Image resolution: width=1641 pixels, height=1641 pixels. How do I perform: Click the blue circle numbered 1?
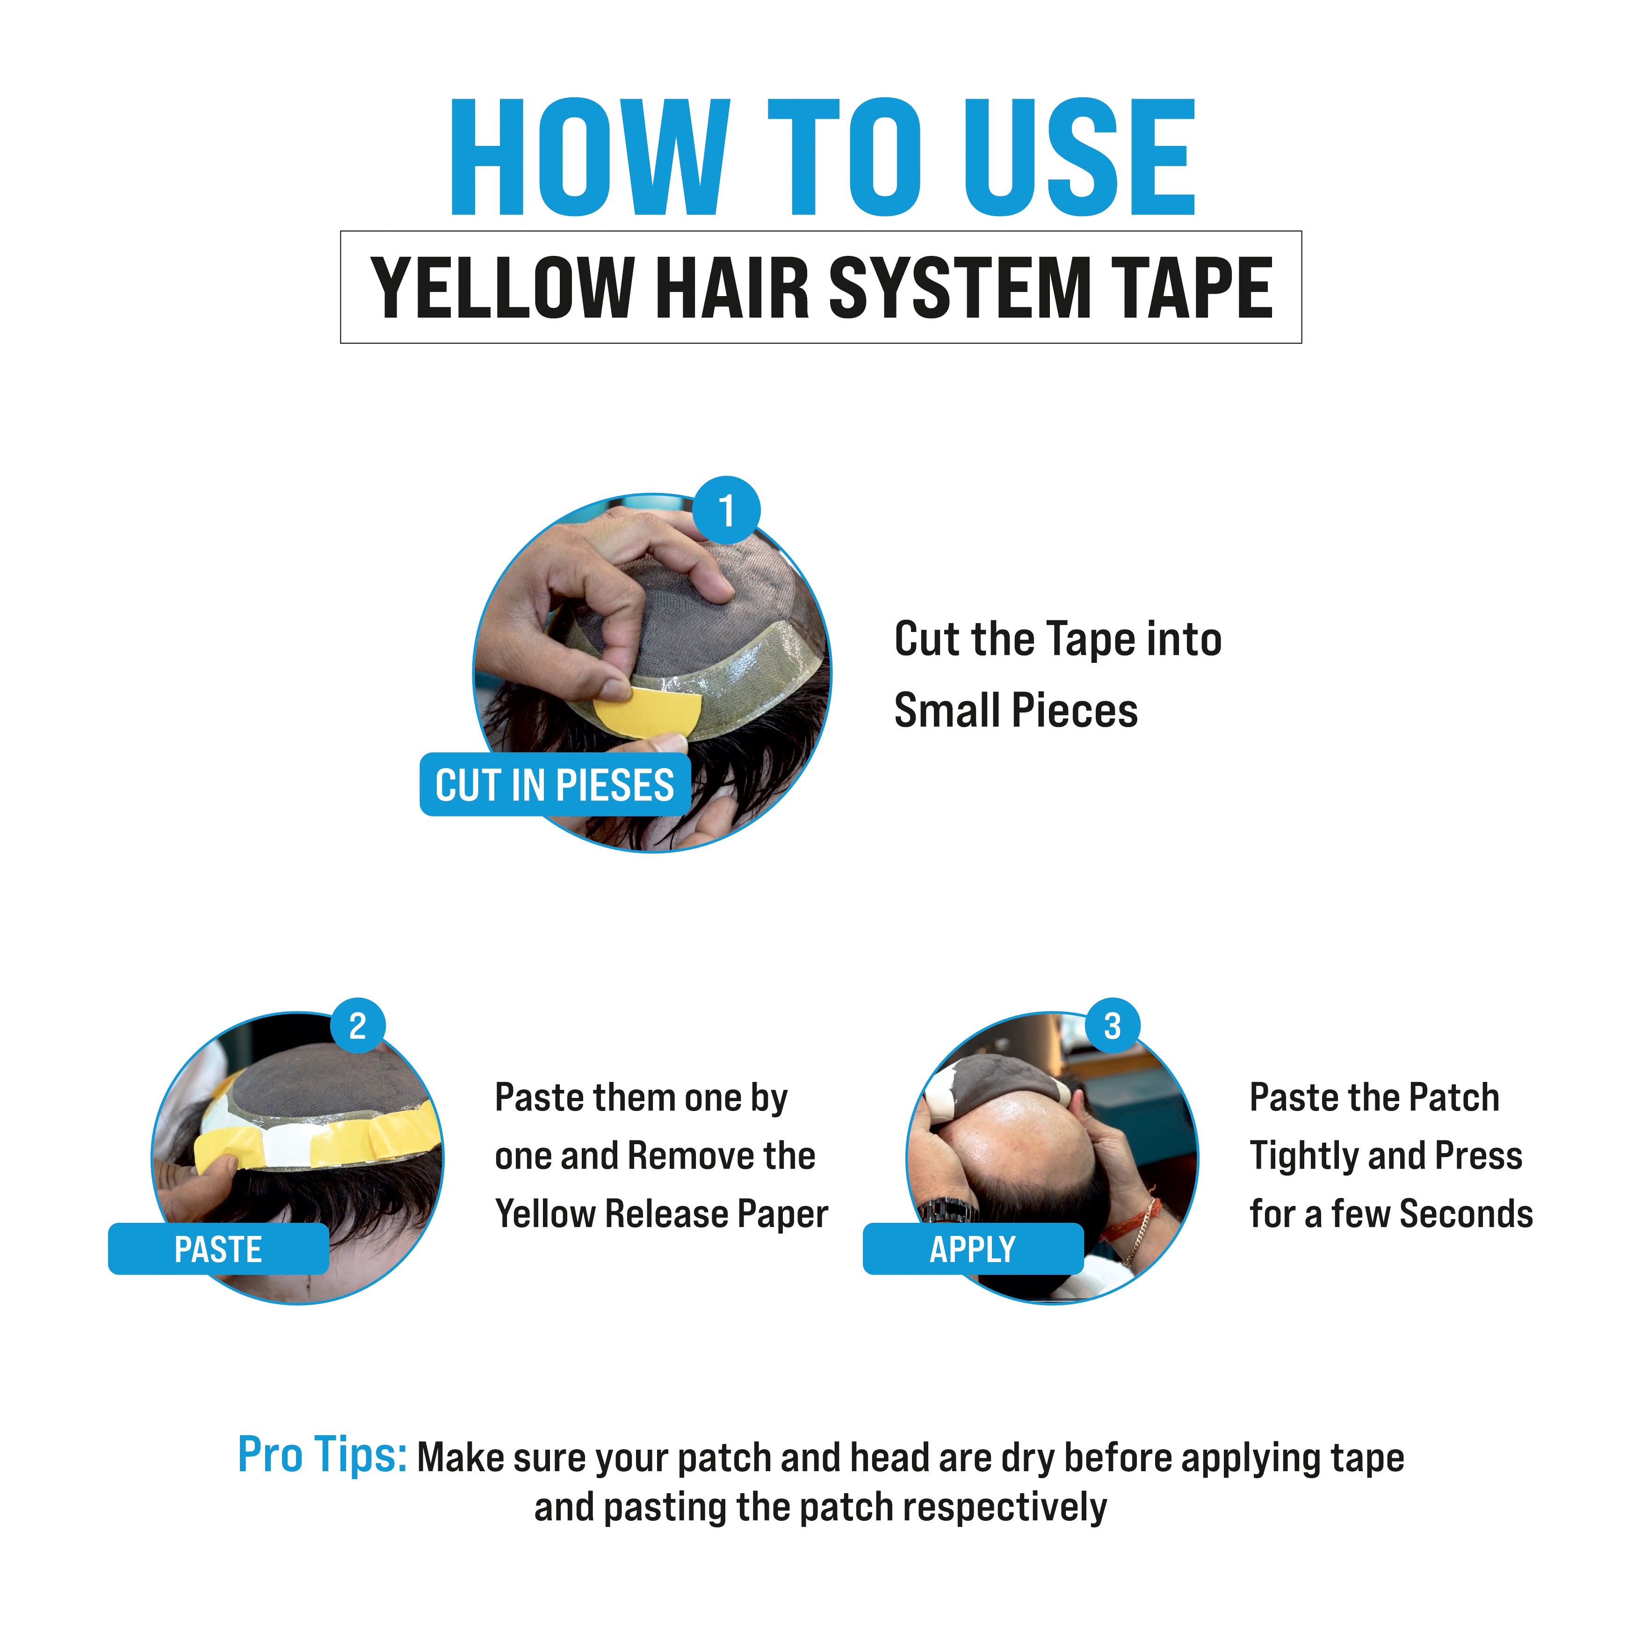coord(726,511)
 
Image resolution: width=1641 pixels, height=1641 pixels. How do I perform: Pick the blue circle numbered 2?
coord(358,1026)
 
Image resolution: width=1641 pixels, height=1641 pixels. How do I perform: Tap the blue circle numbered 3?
coord(1112,1026)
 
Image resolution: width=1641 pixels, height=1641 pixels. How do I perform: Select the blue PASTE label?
coord(218,1249)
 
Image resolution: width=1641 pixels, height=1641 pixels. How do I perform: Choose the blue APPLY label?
coord(973,1249)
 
